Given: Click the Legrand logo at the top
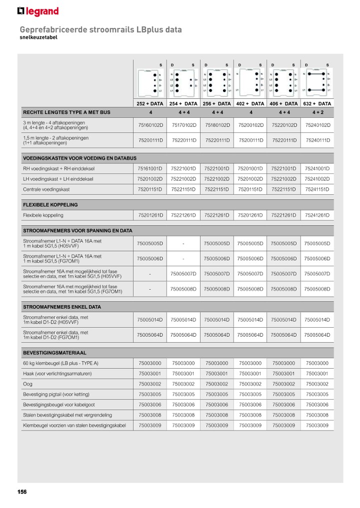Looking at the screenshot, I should pos(38,11).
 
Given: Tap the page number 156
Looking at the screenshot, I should pos(22,492).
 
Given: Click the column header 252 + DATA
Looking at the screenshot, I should pos(150,104).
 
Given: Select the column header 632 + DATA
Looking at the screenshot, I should pos(318,104).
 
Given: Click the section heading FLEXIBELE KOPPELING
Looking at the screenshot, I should pos(50,205).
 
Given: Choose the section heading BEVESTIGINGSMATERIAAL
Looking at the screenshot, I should pos(54,353).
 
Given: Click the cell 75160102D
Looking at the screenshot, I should pos(150,125).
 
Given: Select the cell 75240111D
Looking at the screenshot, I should pos(318,140).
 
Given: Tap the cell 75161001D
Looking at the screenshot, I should pos(150,168).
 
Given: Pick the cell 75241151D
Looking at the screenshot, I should pos(318,189).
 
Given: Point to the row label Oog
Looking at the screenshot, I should pos(27,384).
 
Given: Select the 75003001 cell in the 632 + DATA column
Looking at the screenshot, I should pos(318,374).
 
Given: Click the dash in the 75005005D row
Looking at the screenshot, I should pos(183,243).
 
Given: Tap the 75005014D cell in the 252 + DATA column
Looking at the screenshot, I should pos(150,320).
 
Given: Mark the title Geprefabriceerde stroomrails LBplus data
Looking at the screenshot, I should pos(100,30).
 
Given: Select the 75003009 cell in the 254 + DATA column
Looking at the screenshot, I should pos(183,426).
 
